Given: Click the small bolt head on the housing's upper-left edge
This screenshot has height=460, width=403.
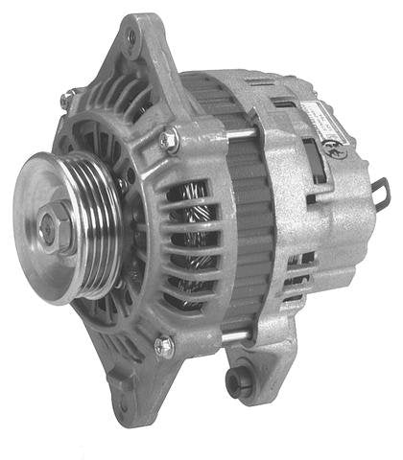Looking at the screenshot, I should pyautogui.click(x=66, y=98).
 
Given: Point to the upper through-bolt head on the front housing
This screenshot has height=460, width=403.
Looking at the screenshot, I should pyautogui.click(x=169, y=141).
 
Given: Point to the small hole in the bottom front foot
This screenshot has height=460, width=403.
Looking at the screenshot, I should pyautogui.click(x=126, y=388).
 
